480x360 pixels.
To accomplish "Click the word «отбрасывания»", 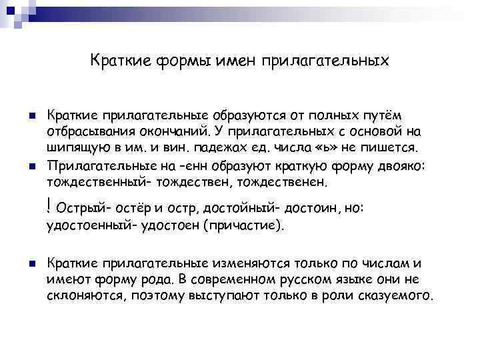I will (89, 131).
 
